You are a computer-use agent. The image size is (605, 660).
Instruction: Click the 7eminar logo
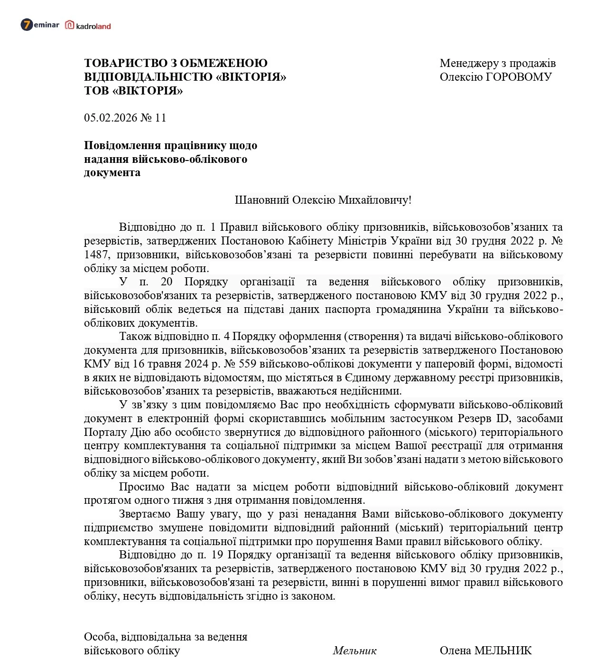(40, 25)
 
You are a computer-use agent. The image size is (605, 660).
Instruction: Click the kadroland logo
(88, 26)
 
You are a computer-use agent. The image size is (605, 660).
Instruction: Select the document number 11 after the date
(160, 118)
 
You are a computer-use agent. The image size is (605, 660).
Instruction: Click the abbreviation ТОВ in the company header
(96, 91)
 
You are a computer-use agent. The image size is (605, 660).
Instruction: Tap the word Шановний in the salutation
(262, 200)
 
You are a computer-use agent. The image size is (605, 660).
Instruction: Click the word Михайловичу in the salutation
(374, 200)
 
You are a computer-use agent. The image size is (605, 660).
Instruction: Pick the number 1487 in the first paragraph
(97, 255)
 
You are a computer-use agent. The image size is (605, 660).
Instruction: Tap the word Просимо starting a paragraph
(142, 487)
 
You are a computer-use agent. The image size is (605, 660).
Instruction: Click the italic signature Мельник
(354, 651)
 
